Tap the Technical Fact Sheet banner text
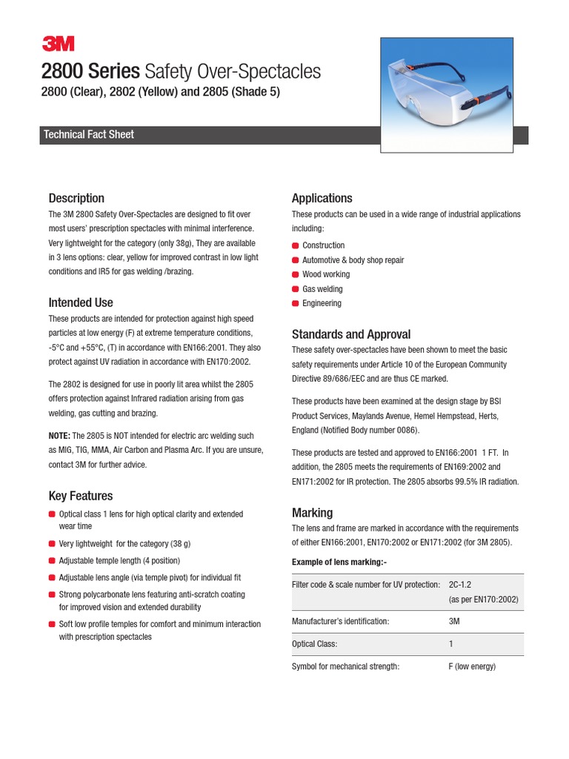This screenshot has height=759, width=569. (x=89, y=135)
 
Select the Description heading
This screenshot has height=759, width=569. (x=76, y=198)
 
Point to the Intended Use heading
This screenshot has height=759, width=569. (x=81, y=302)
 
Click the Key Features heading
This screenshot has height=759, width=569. (x=81, y=496)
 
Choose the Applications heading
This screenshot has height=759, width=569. (x=322, y=198)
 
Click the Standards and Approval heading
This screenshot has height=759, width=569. (x=351, y=334)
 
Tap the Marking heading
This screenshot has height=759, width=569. (x=312, y=513)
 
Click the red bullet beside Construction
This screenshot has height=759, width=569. (x=296, y=245)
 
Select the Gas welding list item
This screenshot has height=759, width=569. (x=322, y=289)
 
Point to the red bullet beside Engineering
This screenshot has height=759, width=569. (x=296, y=303)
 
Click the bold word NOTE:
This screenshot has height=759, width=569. (x=59, y=436)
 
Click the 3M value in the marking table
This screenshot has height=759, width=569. (x=454, y=622)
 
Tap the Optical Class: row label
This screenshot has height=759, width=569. (x=315, y=644)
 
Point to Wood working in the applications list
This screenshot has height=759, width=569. (x=326, y=274)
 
